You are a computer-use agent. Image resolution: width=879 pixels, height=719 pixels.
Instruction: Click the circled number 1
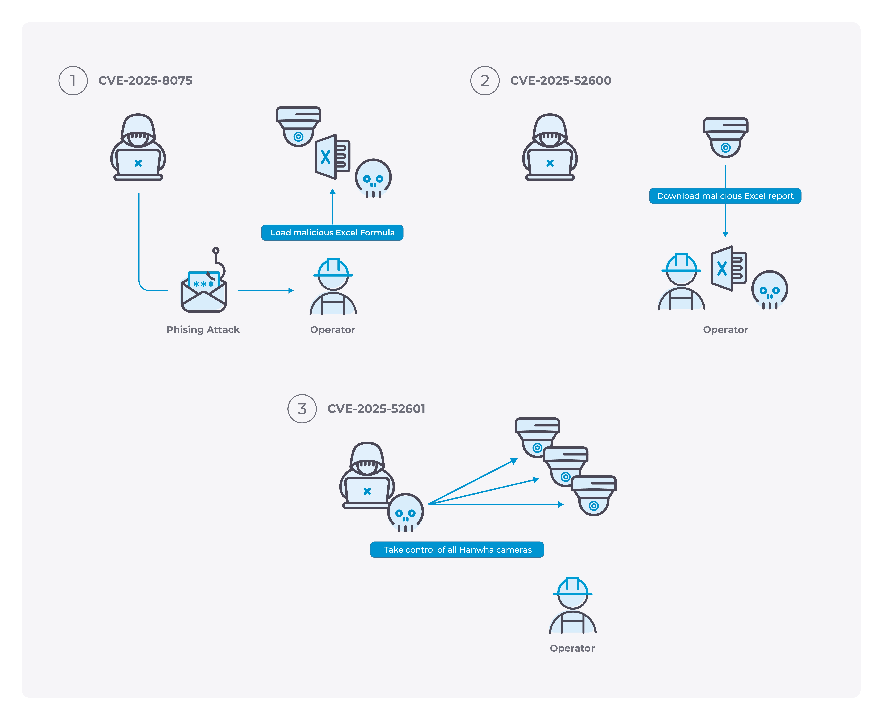(73, 81)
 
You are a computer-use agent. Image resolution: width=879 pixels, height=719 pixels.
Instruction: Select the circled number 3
(302, 409)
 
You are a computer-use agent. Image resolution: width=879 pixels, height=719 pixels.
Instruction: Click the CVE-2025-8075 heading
(145, 81)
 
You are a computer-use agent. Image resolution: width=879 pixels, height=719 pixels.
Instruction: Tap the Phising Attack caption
(203, 330)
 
